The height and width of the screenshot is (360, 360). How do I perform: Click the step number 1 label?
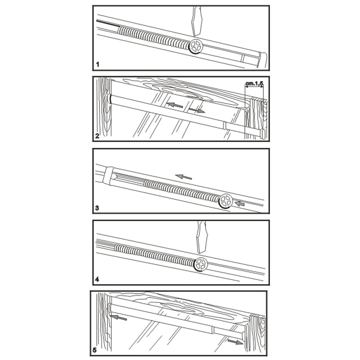click(97, 66)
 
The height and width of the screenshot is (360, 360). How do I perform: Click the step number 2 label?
click(97, 135)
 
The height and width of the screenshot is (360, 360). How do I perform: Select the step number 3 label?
click(97, 208)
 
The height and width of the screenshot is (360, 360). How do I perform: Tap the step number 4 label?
click(97, 279)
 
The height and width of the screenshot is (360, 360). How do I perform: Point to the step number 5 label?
click(95, 350)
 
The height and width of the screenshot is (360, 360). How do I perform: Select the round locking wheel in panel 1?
click(196, 46)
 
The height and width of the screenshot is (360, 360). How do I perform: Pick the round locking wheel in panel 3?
click(225, 201)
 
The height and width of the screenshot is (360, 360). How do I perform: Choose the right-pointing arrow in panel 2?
click(197, 110)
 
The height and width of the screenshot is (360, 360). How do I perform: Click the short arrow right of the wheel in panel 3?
click(242, 203)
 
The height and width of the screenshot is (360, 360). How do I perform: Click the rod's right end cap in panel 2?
click(262, 134)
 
